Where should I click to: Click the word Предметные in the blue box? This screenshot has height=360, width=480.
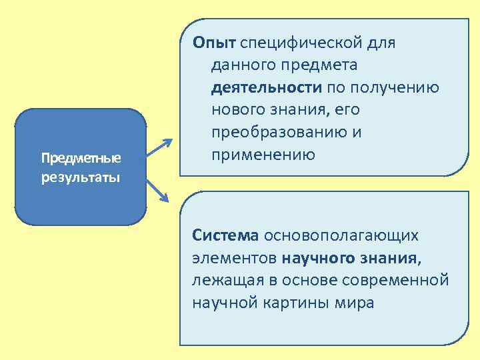pos(81,159)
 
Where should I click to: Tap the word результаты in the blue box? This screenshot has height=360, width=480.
pos(81,178)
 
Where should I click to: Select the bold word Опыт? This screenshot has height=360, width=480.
pos(214,43)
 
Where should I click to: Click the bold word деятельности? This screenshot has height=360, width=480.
pos(267,88)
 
